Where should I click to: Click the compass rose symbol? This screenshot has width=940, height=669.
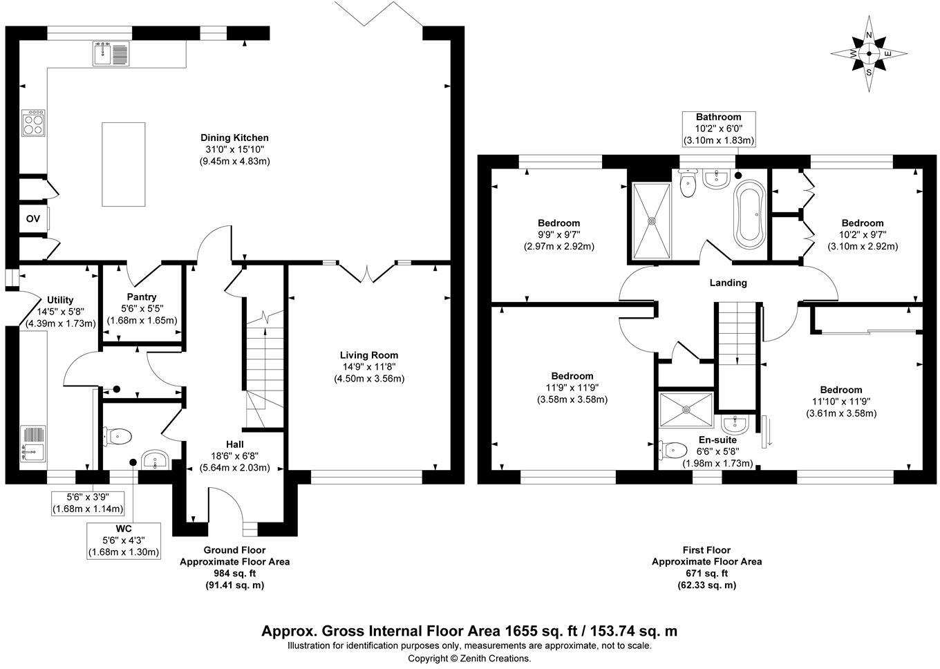(869, 53)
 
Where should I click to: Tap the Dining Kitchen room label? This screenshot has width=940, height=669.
(234, 138)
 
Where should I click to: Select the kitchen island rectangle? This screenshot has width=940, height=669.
(124, 164)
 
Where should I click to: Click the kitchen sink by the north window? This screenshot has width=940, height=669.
(110, 54)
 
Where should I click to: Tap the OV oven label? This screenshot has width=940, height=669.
(33, 219)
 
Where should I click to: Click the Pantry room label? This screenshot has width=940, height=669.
(142, 297)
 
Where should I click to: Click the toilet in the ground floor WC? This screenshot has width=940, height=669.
(118, 435)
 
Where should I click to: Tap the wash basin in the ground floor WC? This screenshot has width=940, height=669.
(153, 460)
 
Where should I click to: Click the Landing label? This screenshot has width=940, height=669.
(728, 283)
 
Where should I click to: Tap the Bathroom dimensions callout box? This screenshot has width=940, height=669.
(718, 129)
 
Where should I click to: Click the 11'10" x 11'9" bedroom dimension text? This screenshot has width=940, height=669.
(841, 402)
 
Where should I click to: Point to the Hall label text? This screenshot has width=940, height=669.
(234, 444)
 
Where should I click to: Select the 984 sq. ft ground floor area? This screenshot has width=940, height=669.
(234, 573)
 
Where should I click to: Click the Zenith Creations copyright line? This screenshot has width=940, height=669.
(469, 659)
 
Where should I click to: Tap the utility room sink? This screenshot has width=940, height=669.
(34, 442)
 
